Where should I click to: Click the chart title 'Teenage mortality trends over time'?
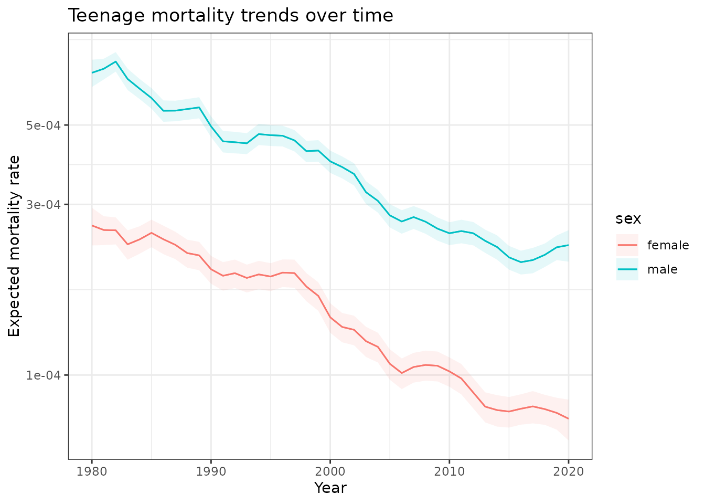pyautogui.click(x=230, y=16)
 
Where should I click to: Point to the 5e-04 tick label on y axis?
pyautogui.click(x=44, y=125)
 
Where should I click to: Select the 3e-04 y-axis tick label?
pyautogui.click(x=44, y=204)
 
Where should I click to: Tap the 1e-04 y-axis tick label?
pyautogui.click(x=44, y=375)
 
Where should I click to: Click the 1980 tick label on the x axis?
pyautogui.click(x=92, y=471)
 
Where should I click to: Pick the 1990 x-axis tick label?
pyautogui.click(x=211, y=471)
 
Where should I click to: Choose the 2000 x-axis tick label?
pyautogui.click(x=330, y=471)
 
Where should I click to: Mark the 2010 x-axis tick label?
pyautogui.click(x=450, y=471)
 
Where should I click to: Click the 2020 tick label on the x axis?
pyautogui.click(x=569, y=471)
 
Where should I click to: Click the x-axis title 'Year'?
pyautogui.click(x=330, y=488)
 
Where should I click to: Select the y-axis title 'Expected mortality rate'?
pyautogui.click(x=14, y=246)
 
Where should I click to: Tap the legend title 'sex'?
pyautogui.click(x=628, y=219)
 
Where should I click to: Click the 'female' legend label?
pyautogui.click(x=668, y=245)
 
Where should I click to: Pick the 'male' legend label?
pyautogui.click(x=662, y=269)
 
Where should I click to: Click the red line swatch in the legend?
pyautogui.click(x=627, y=245)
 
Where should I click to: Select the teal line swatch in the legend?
pyautogui.click(x=627, y=269)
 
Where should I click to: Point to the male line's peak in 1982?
pyautogui.click(x=115, y=61)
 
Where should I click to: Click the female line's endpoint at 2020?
pyautogui.click(x=569, y=418)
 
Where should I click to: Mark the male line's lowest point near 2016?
pyautogui.click(x=521, y=262)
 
